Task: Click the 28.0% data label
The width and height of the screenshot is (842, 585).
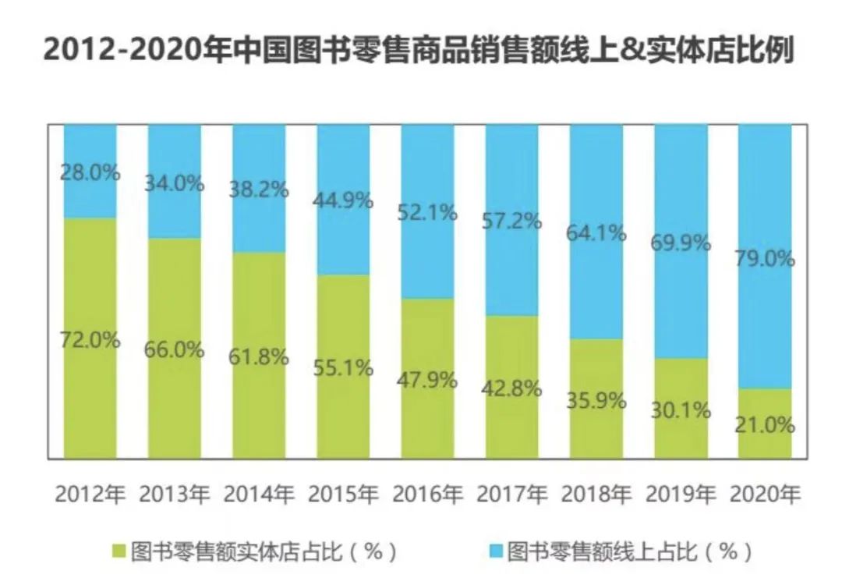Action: tap(90, 173)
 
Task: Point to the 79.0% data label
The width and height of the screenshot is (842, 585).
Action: tap(764, 259)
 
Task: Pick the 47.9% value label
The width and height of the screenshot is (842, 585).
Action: tap(426, 381)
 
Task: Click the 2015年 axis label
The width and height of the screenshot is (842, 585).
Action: tap(343, 495)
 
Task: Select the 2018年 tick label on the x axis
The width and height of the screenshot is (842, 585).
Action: tap(596, 495)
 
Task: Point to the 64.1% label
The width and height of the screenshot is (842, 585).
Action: tap(596, 233)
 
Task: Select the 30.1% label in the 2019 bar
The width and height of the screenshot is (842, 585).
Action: tap(681, 411)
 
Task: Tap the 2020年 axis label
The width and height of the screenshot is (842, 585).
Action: tap(764, 495)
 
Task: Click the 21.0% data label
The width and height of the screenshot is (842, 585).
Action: tap(764, 425)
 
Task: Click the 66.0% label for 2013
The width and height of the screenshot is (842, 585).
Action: tap(174, 349)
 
